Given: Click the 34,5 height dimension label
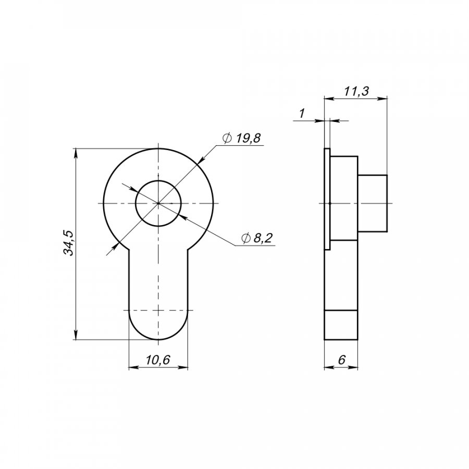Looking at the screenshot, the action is (x=69, y=243).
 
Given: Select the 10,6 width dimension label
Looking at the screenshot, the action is (x=157, y=360).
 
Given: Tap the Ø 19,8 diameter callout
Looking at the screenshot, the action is (x=242, y=138).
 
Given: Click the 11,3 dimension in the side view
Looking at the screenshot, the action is (x=356, y=91).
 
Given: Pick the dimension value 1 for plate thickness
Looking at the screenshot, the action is (x=302, y=114).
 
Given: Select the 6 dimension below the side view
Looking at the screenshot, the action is (x=341, y=360).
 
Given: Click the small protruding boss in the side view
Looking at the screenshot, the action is (x=373, y=203).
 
